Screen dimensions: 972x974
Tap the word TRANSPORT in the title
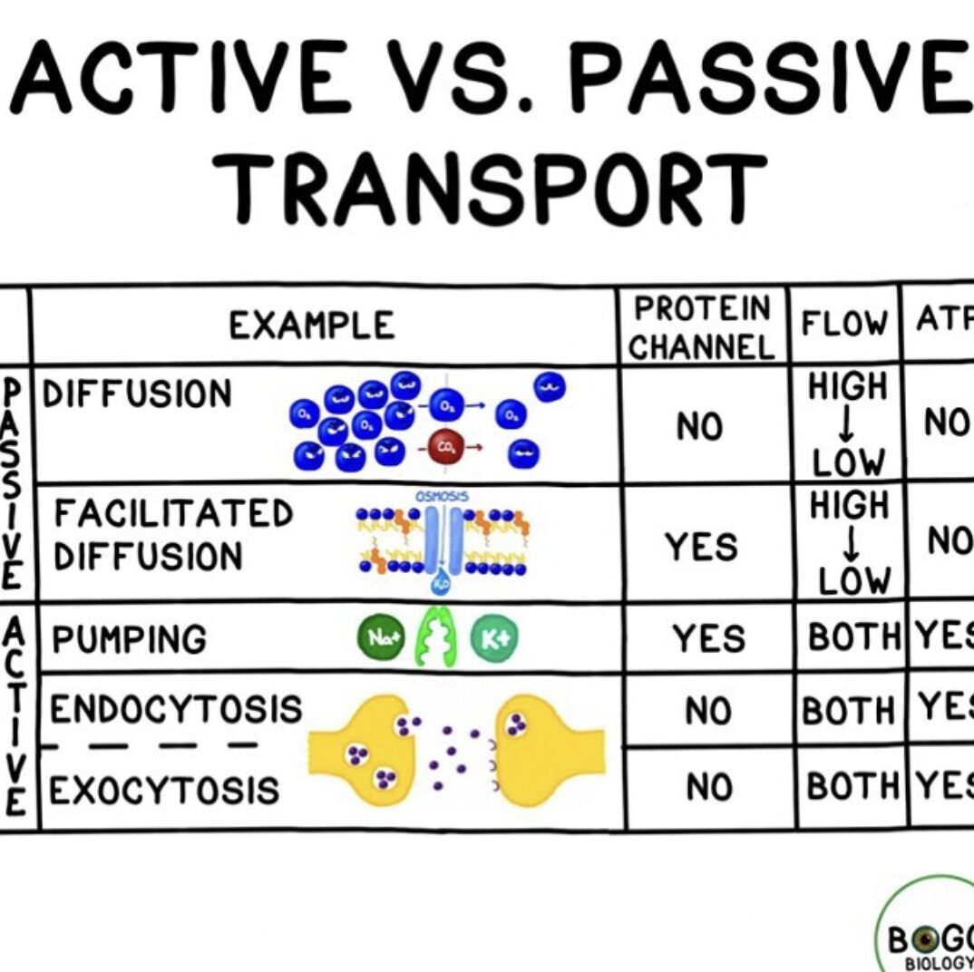pyautogui.click(x=494, y=190)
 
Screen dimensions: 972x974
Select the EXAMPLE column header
pyautogui.click(x=311, y=325)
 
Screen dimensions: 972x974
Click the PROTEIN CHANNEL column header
pyautogui.click(x=702, y=327)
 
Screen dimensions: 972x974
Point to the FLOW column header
pyautogui.click(x=843, y=323)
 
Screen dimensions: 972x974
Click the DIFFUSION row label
pyautogui.click(x=138, y=394)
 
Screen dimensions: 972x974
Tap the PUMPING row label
pyautogui.click(x=129, y=640)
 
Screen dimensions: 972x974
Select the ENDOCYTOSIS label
pyautogui.click(x=175, y=709)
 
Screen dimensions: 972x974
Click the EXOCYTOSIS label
pyautogui.click(x=164, y=791)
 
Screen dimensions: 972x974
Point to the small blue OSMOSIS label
pyautogui.click(x=442, y=497)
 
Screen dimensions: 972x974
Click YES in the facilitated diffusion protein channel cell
pyautogui.click(x=702, y=547)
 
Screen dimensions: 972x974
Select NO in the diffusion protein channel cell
pyautogui.click(x=700, y=426)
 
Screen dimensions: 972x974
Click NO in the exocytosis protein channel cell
pyautogui.click(x=709, y=789)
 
